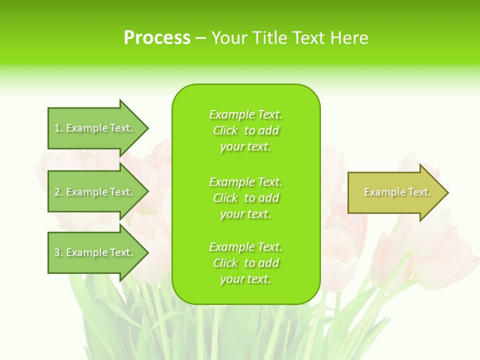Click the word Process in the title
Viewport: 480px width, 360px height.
coord(157,38)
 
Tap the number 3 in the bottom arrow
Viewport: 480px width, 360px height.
coord(57,253)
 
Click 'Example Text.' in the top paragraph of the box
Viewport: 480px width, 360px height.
coord(245,114)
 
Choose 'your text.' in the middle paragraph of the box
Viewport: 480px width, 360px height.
coord(245,214)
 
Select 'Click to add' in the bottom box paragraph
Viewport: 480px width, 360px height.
coord(245,263)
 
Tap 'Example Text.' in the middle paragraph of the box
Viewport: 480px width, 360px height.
coord(245,182)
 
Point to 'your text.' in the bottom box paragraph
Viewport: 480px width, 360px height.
coord(245,279)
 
